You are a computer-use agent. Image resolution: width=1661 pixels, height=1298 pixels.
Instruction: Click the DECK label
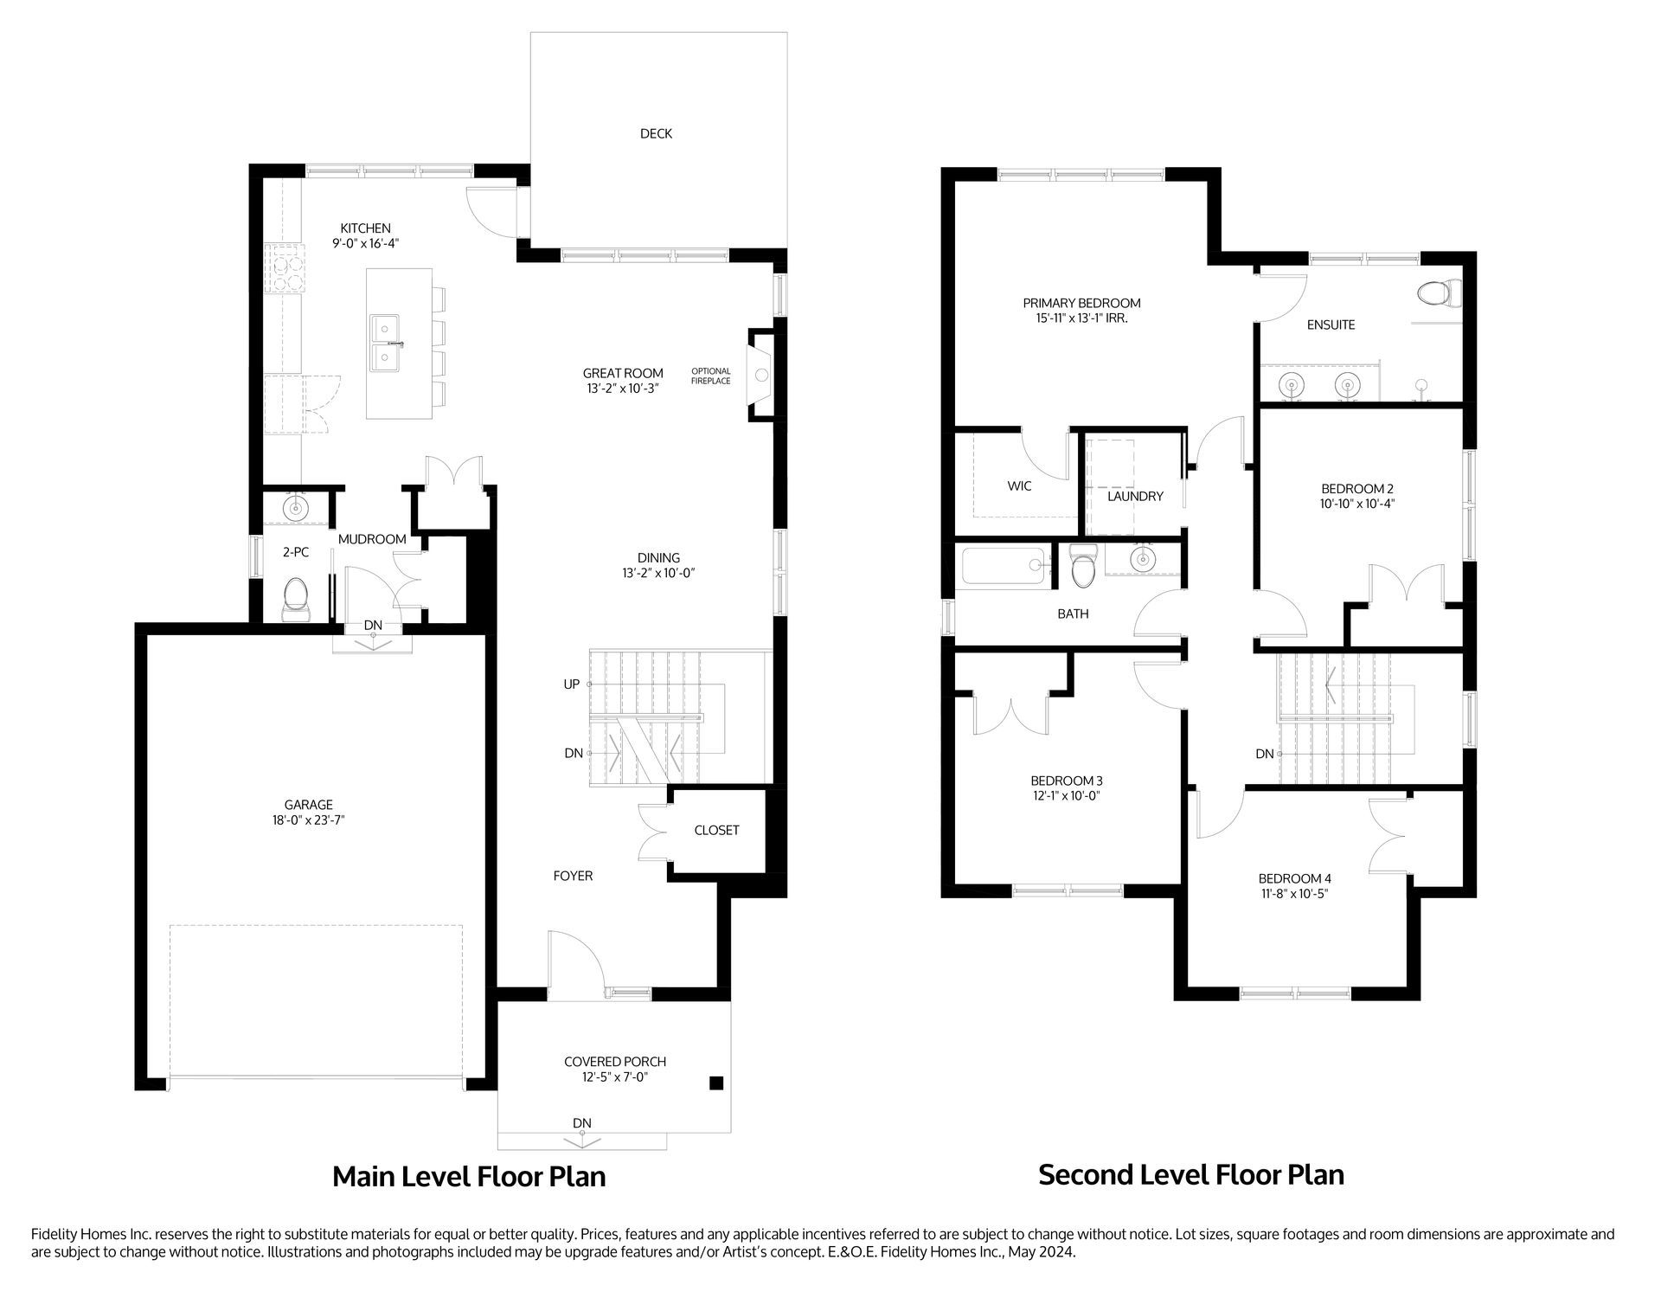point(656,133)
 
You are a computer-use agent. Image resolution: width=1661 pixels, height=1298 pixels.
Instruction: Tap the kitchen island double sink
point(386,342)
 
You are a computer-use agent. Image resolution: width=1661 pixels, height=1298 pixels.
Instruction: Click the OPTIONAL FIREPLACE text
point(710,376)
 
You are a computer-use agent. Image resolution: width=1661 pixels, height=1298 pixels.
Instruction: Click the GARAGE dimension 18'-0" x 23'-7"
point(308,819)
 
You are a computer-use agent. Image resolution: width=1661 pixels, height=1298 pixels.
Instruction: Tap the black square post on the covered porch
point(715,1083)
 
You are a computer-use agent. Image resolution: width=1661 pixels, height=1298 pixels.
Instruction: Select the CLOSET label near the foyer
point(716,830)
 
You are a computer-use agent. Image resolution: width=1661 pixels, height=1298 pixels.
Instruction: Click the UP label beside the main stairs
point(571,684)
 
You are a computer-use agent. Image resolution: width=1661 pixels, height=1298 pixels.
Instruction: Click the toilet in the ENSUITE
point(1440,292)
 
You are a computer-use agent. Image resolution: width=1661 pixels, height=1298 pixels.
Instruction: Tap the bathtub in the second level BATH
point(1004,566)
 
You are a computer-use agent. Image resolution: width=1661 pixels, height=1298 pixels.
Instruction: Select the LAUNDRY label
point(1135,496)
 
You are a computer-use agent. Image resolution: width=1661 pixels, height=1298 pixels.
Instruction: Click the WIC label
point(1019,486)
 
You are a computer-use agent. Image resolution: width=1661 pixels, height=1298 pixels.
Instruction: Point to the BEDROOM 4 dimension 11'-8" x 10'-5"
point(1293,893)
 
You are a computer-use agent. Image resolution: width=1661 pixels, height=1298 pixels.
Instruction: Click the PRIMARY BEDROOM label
point(1081,303)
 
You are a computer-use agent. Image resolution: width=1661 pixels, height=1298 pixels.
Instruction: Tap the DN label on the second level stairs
point(1264,754)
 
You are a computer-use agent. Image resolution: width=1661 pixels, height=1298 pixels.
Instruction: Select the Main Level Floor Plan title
point(469,1176)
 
